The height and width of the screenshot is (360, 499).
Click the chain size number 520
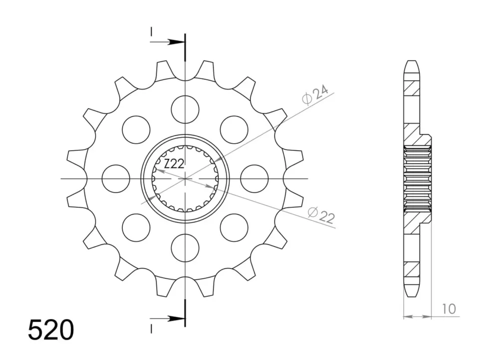51,330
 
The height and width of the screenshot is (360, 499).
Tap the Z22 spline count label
174,164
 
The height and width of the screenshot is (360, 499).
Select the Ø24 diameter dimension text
315,94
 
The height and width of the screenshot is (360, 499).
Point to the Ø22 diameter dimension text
321,215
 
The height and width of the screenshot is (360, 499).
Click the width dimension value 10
449,309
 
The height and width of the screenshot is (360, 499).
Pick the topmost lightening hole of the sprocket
185,109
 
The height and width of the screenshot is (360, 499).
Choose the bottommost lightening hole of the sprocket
185,248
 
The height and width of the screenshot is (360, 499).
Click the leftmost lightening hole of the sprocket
116,179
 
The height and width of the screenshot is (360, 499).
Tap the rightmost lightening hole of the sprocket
254,179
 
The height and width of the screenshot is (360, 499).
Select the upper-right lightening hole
234,129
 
